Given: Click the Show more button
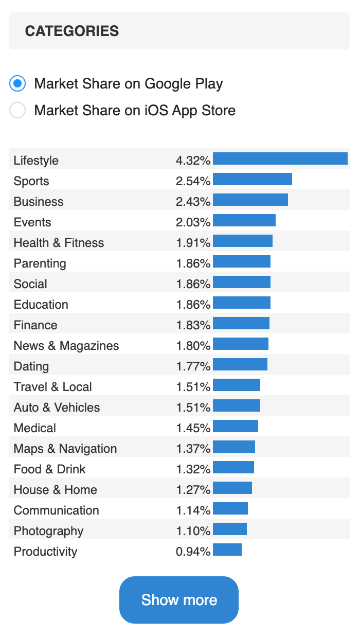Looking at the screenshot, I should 179,600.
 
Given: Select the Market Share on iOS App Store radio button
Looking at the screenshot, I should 17,110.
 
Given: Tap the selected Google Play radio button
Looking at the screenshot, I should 17,83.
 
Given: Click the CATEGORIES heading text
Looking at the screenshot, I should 72,31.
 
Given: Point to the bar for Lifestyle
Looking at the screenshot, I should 280,158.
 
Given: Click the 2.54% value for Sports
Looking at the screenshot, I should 193,181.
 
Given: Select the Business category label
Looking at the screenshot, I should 39,202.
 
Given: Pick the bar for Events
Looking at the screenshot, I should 244,220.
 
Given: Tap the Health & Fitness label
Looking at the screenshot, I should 59,243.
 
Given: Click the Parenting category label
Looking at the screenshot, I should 40,263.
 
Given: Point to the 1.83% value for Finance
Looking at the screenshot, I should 193,325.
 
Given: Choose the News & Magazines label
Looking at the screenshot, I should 66,346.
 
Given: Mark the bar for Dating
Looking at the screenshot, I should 240,364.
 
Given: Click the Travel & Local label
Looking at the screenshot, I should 53,387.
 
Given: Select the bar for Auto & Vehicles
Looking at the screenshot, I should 237,405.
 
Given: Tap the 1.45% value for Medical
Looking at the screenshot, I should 193,428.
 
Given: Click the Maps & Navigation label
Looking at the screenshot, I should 65,449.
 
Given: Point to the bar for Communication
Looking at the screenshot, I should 230,508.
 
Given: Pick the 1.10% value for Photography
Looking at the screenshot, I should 193,531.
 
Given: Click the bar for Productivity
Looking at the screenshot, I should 227,550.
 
